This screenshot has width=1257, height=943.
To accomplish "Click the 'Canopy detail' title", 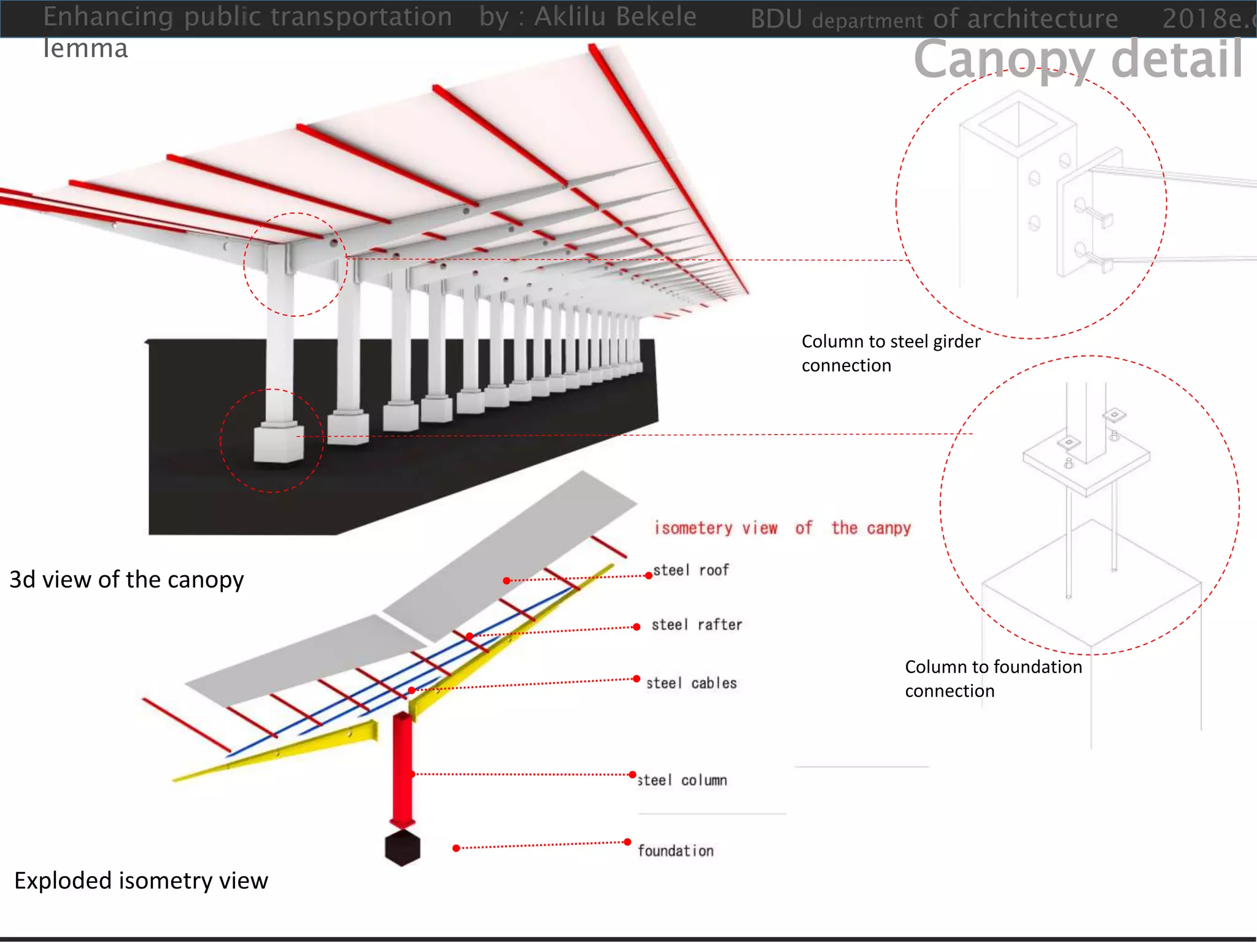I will coord(1078,59).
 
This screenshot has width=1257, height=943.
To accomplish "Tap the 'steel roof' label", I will coord(690,570).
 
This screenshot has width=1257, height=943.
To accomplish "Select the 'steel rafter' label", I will coord(697,625).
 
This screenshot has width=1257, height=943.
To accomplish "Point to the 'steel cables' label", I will coord(691,683).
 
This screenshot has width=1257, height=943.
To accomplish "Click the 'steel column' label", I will coord(683,780).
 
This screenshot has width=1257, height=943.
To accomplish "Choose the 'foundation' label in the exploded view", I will coord(675,851).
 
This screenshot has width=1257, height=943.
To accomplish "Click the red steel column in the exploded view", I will coord(403,767).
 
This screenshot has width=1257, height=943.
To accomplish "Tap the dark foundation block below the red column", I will coord(403,848).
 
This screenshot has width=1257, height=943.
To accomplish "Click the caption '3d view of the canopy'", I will coord(126,580).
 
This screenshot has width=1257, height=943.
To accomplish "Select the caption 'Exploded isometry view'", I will coord(141,880).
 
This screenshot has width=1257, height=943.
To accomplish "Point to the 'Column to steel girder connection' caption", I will coord(891,353).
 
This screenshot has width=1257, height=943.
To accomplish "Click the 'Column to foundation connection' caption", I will coord(993,678).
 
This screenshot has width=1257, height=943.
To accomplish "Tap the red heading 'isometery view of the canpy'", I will coord(783,528).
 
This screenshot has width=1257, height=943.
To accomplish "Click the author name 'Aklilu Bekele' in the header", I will coord(615,17).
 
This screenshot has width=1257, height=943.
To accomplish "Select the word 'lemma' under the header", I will coord(85,49).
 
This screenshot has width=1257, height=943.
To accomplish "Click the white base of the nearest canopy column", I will coord(279,443).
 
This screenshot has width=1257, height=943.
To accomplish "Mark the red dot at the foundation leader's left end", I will coord(456,848).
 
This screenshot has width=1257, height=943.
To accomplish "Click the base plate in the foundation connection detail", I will coord(1086,470).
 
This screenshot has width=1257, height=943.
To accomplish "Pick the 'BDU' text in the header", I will coord(776,19).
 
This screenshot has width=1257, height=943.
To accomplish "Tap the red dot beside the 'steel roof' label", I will coord(649,575).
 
